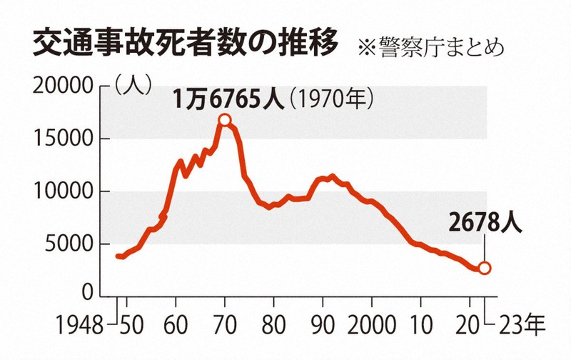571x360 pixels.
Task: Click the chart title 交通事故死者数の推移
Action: [x=185, y=44]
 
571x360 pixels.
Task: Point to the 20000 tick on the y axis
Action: [x=65, y=86]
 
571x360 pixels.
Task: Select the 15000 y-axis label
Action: [x=65, y=139]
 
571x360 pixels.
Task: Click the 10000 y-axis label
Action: [x=65, y=191]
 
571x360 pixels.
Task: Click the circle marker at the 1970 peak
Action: [x=225, y=120]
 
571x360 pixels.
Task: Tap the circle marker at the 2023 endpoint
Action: [x=485, y=268]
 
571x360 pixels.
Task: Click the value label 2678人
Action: [x=485, y=223]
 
